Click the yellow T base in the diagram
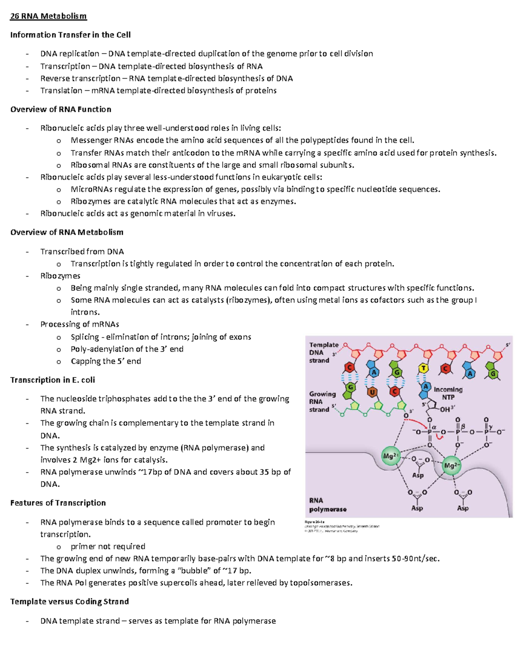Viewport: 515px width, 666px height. pos(424,368)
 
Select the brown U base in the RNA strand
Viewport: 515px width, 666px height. pos(372,392)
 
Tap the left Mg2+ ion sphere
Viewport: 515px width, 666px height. pos(390,456)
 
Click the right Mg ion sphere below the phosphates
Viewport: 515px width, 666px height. pos(451,466)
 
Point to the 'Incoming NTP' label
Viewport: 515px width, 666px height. pos(448,393)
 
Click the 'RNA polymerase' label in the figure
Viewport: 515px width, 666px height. pos(327,505)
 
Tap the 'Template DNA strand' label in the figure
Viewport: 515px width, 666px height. pos(324,353)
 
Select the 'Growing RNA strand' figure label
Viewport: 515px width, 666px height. pos(322,401)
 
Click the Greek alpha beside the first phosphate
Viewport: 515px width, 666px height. pos(434,427)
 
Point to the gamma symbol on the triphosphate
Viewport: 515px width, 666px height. pos(491,427)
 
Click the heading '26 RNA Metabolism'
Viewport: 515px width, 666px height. pos(48,16)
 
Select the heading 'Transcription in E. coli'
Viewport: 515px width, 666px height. pos(52,380)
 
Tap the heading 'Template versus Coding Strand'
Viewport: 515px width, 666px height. pos(70,602)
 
